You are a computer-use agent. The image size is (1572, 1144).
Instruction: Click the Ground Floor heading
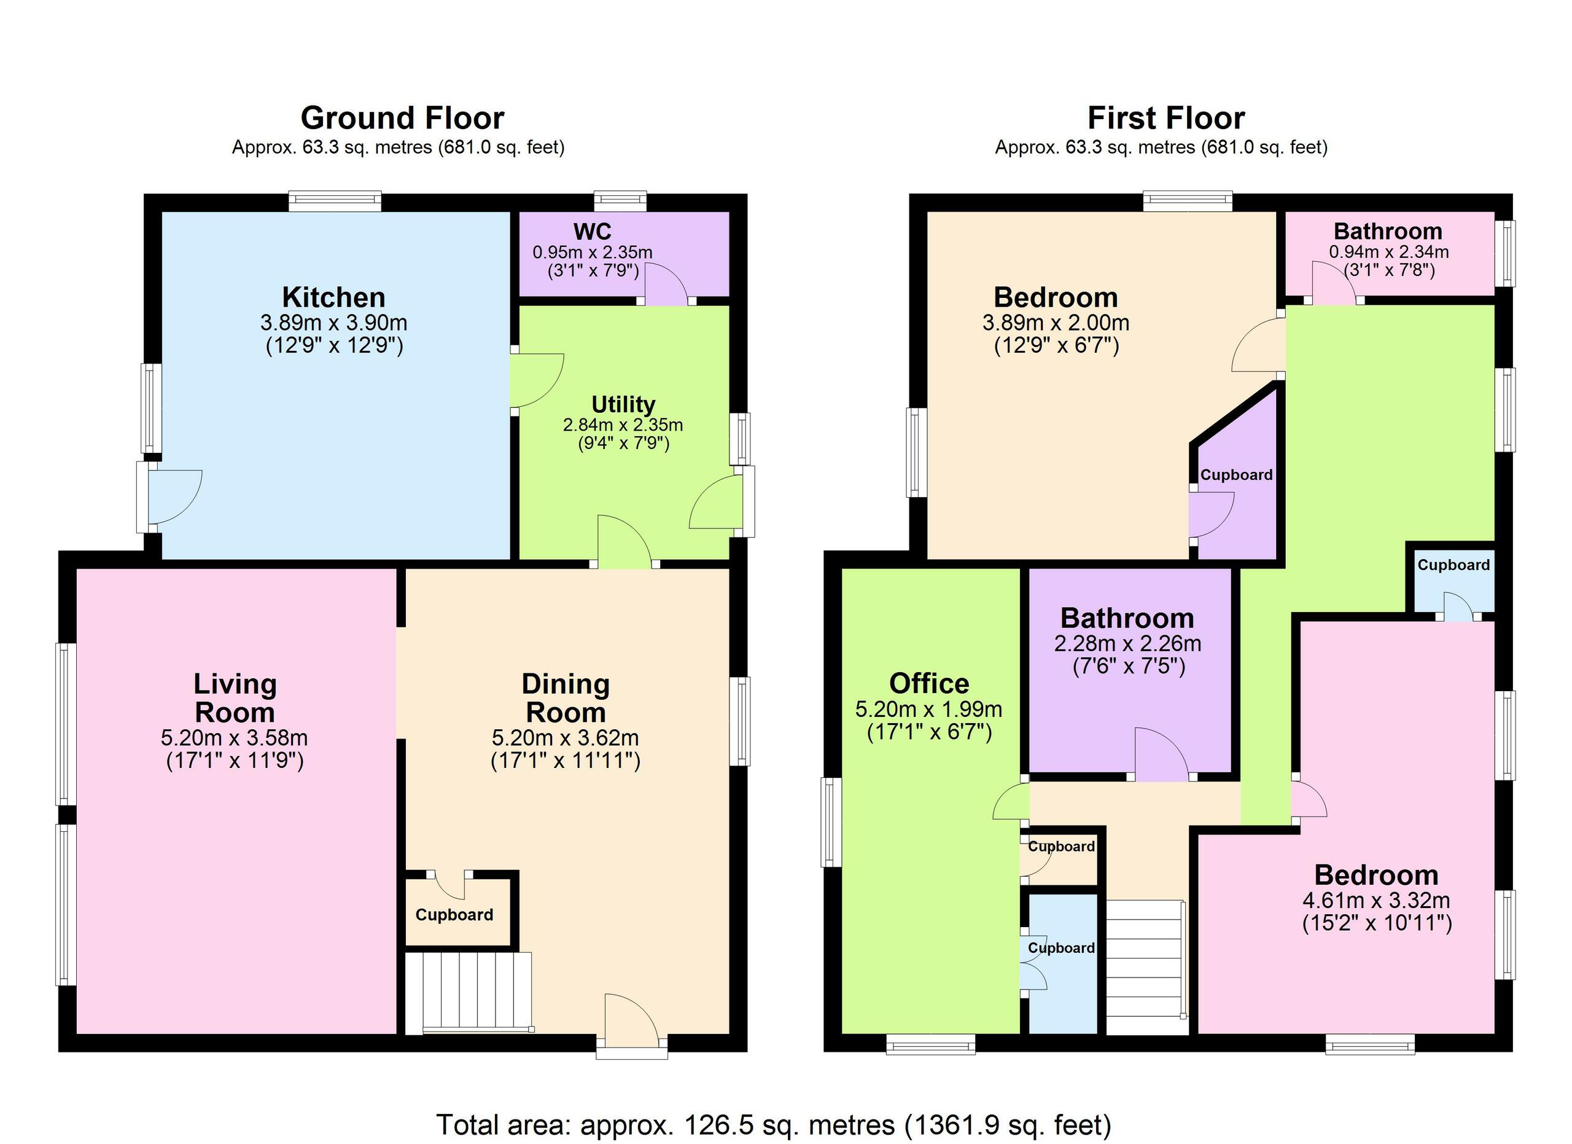tap(402, 118)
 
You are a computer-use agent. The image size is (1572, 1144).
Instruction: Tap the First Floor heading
tap(1166, 118)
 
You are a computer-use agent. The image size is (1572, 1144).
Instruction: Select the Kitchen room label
tap(333, 297)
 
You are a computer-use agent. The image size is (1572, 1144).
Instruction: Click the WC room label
tap(592, 231)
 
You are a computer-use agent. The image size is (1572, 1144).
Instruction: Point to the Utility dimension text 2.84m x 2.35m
tap(623, 425)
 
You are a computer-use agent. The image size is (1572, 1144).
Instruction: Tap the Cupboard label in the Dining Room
tap(454, 914)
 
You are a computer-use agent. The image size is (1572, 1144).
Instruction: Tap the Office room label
tap(929, 684)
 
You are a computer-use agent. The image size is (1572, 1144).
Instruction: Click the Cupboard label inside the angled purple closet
tap(1237, 475)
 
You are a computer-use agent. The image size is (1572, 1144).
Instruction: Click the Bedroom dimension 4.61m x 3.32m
tap(1376, 901)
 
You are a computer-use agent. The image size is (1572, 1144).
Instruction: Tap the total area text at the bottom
tap(774, 1124)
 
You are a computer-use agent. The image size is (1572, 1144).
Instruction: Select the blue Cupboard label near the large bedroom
tap(1453, 565)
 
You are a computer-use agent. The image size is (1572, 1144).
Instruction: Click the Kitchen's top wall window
tap(335, 202)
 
